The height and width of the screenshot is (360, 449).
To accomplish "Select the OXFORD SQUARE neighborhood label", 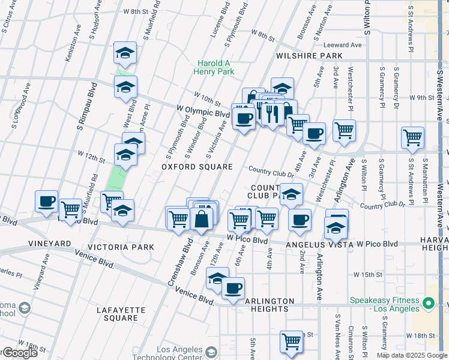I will coord(197,166).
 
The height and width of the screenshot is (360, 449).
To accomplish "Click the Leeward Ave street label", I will coord(343,45).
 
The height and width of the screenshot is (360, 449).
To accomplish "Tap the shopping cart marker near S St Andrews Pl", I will coord(412,137).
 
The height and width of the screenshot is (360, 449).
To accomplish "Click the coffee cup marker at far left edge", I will coord(46,201).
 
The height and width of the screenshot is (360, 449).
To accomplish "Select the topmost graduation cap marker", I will coord(125,53).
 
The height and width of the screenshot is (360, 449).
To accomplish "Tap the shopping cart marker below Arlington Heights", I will coord(291,341).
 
